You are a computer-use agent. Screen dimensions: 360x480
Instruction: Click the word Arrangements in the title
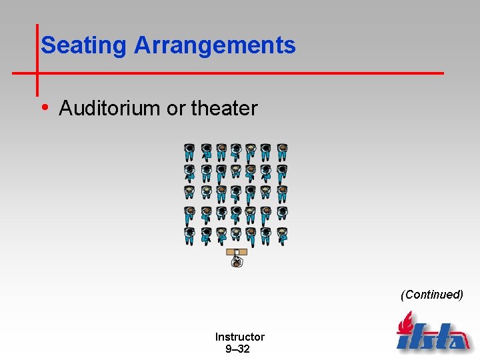pyautogui.click(x=215, y=45)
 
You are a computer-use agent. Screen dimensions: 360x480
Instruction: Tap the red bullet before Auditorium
pyautogui.click(x=45, y=107)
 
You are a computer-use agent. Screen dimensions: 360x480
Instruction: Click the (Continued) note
pyautogui.click(x=431, y=294)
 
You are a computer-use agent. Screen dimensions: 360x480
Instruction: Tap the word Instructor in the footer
pyautogui.click(x=239, y=337)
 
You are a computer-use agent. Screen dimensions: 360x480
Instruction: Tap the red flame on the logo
pyautogui.click(x=404, y=325)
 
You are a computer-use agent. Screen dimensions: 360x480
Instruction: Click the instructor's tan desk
pyautogui.click(x=237, y=252)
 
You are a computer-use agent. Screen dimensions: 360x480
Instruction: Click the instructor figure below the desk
pyautogui.click(x=237, y=262)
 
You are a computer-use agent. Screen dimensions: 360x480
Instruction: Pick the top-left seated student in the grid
pyautogui.click(x=190, y=153)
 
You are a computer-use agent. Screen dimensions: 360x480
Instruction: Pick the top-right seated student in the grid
pyautogui.click(x=282, y=153)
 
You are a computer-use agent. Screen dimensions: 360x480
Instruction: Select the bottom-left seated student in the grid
pyautogui.click(x=190, y=235)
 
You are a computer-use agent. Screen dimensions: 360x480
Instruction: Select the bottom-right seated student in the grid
pyautogui.click(x=282, y=235)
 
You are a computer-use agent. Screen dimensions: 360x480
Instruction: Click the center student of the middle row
pyautogui.click(x=236, y=194)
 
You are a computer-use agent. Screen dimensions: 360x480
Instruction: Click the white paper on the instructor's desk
pyautogui.click(x=237, y=253)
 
